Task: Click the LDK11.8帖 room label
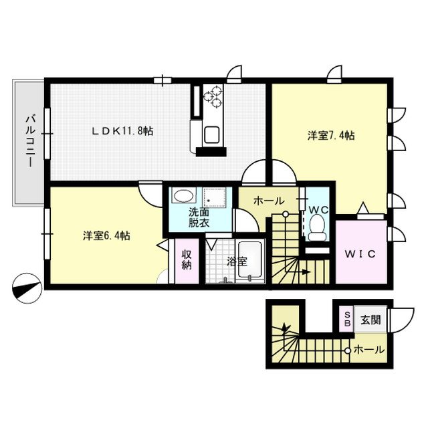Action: (122, 131)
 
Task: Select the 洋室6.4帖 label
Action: (106, 236)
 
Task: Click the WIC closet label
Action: (362, 254)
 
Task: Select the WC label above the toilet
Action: (318, 209)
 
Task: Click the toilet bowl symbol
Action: (319, 228)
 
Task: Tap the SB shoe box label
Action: (348, 320)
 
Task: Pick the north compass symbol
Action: (27, 289)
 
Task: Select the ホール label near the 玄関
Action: (368, 349)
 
